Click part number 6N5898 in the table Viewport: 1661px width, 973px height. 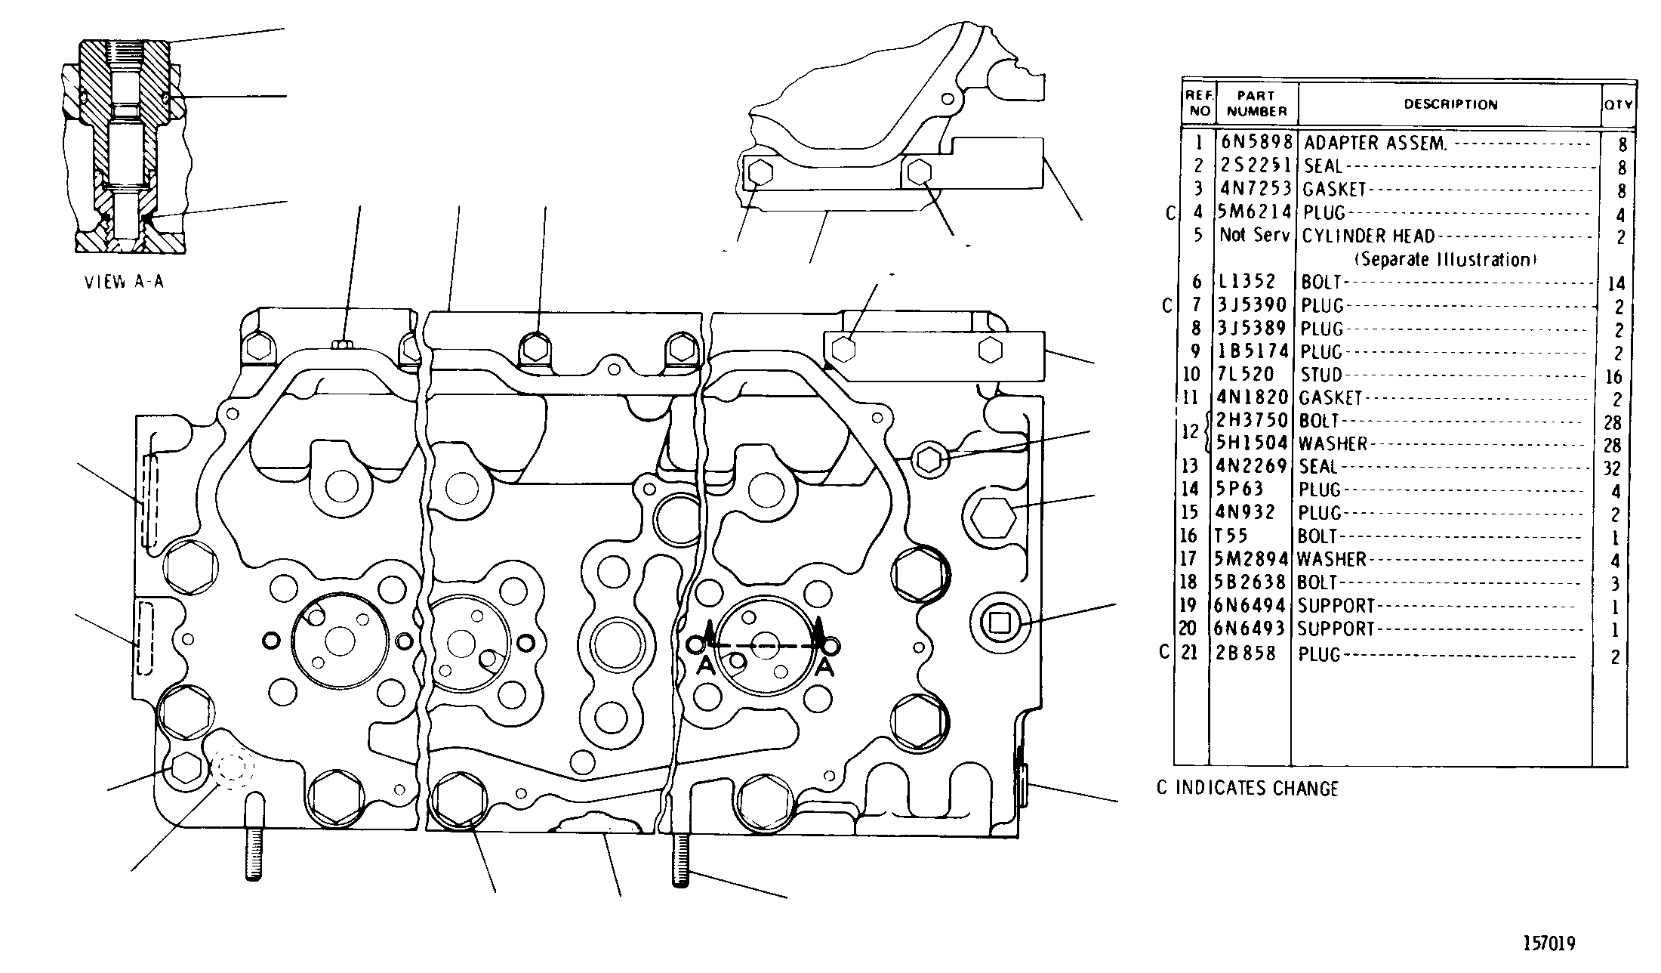click(1256, 142)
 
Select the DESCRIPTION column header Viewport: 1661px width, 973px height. click(1450, 105)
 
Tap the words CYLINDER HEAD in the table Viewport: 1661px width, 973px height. click(1368, 236)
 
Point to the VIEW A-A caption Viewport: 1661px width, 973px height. click(124, 283)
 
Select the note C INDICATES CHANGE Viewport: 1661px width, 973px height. click(1247, 789)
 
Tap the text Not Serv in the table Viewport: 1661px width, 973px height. click(1255, 236)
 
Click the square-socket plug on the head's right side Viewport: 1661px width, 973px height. click(999, 622)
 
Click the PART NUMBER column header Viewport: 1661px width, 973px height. click(1256, 103)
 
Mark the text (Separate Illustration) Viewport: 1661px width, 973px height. click(1445, 260)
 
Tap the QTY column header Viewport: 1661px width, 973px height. click(1618, 105)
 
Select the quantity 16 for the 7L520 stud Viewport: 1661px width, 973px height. click(1613, 377)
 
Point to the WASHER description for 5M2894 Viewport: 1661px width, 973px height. click(1333, 560)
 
